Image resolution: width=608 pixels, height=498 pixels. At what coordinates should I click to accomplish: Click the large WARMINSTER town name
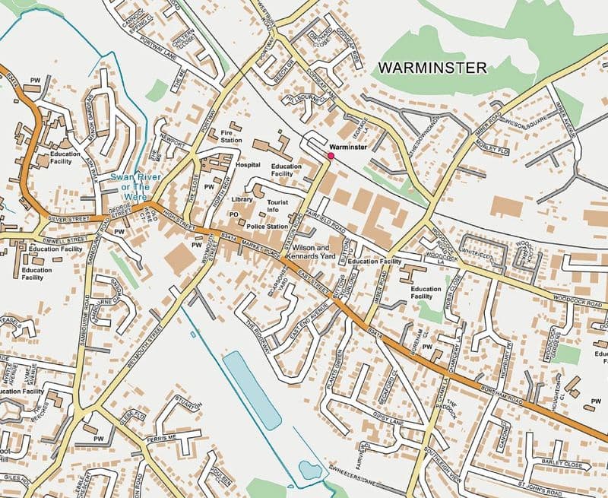point(432,68)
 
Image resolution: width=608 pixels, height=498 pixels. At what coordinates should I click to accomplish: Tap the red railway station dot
point(330,155)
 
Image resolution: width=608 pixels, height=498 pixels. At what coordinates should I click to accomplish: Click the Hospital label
point(248,164)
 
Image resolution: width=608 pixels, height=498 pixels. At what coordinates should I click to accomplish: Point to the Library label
point(242,199)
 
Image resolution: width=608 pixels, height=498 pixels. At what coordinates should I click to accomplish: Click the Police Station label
point(267,227)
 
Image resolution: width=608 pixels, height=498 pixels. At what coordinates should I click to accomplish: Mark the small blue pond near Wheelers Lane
point(310,471)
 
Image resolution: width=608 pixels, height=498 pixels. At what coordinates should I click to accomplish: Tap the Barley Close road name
point(562,465)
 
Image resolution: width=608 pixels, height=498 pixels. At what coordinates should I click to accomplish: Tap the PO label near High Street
point(234,216)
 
